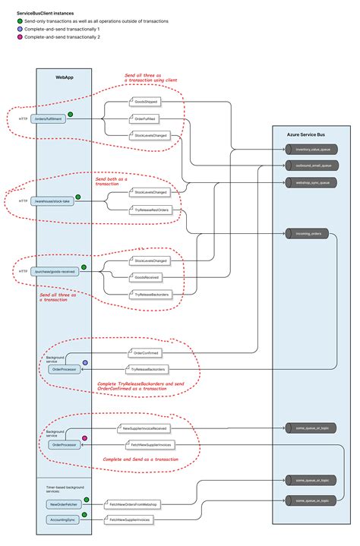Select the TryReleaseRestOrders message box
click(152, 210)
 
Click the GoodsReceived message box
click(150, 277)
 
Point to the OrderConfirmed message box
click(146, 352)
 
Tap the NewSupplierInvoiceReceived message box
click(144, 428)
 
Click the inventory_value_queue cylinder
click(312, 151)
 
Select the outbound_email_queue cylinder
click(312, 165)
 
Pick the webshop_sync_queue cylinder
click(312, 182)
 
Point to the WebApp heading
click(65, 77)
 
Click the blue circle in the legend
click(21, 29)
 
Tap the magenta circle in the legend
click(21, 37)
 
